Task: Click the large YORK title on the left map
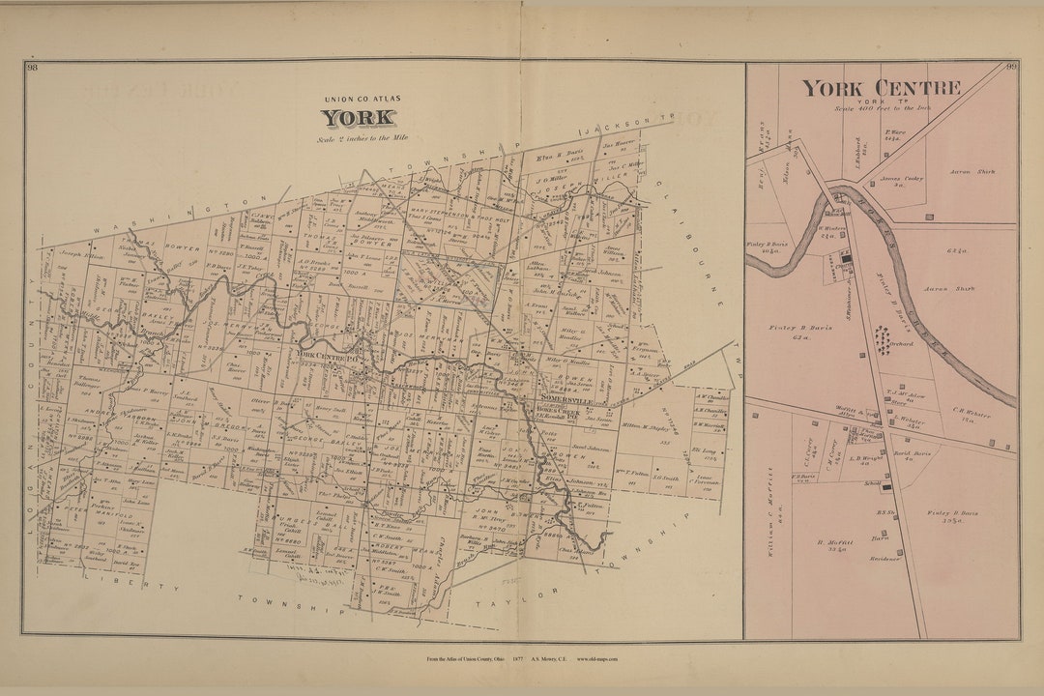coord(358,118)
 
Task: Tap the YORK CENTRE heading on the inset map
coord(880,88)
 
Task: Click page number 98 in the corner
coord(32,67)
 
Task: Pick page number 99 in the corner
coord(1011,67)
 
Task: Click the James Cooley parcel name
coord(901,179)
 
